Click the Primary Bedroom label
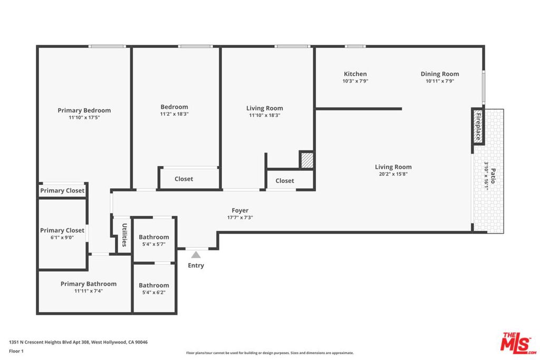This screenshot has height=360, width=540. pos(84,110)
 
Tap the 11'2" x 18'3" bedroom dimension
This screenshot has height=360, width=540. pos(174,114)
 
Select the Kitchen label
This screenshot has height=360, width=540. pos(355,74)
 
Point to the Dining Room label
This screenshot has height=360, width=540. pos(439,74)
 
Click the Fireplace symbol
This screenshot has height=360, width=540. pos(478,127)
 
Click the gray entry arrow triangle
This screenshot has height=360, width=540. pos(196,255)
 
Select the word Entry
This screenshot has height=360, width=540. pos(196,266)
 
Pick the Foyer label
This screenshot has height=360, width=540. pos(240,210)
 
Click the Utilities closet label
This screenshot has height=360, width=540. pos(124,235)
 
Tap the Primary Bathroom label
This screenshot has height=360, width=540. pos(88,284)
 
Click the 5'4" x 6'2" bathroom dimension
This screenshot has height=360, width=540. pos(153,292)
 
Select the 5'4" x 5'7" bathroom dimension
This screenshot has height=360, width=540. pos(153,244)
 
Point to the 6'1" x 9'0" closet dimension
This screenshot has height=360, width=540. pos(62,237)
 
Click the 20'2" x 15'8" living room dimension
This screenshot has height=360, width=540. pos(393,174)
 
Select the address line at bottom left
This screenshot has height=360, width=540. pos(78,342)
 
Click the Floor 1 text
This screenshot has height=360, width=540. pos(16,351)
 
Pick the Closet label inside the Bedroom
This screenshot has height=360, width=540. pos(184,179)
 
